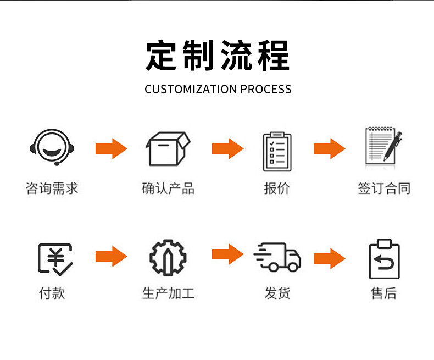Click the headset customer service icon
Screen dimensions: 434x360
click(52, 147)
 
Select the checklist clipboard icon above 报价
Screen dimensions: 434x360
click(276, 151)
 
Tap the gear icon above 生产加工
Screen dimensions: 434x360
click(168, 257)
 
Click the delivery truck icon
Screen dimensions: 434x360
click(277, 257)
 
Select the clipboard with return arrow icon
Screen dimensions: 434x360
click(384, 259)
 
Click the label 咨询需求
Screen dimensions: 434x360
click(52, 189)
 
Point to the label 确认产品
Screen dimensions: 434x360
click(168, 189)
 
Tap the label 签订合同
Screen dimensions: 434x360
click(384, 189)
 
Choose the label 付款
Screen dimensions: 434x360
click(52, 293)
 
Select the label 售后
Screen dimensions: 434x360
click(384, 293)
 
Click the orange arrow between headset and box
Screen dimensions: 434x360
click(111, 148)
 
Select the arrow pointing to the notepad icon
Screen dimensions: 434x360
click(329, 148)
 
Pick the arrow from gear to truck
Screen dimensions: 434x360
click(227, 253)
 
